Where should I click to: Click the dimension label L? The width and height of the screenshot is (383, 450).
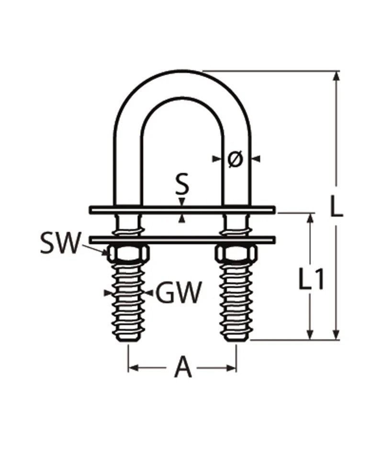click(336, 206)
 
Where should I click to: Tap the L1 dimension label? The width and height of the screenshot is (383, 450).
click(312, 278)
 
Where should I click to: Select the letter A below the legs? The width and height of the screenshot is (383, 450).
click(182, 367)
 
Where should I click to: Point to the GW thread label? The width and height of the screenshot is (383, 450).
click(178, 292)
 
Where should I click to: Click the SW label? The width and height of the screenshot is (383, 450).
click(60, 243)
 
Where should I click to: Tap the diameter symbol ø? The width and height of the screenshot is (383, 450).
click(236, 159)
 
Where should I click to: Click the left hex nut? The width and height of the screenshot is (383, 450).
click(128, 254)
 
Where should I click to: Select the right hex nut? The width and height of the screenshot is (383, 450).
click(236, 254)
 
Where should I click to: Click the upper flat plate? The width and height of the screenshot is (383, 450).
click(182, 210)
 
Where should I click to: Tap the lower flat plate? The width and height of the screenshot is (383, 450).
click(182, 240)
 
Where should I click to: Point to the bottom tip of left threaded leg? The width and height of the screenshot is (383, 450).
click(128, 341)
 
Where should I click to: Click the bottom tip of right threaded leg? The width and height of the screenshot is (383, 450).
click(236, 341)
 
